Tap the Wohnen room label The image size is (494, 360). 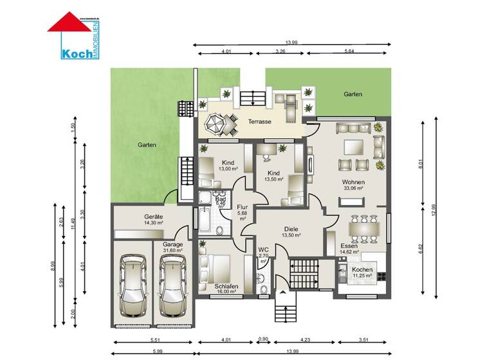(x=352, y=182)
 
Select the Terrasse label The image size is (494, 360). (x=259, y=122)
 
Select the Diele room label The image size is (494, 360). (x=291, y=228)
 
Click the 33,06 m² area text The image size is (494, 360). (x=353, y=189)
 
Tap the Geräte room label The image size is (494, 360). (x=153, y=217)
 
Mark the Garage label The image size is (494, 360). (x=172, y=244)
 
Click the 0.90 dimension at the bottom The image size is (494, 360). (x=262, y=339)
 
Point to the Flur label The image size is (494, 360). (x=242, y=207)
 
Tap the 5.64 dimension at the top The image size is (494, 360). (x=348, y=51)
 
